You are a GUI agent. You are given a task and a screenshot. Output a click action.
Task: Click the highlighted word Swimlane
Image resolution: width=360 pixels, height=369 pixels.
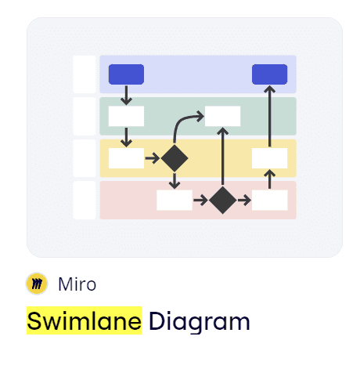point(84,321)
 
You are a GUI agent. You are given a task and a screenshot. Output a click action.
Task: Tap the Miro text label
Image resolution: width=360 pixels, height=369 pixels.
point(77,284)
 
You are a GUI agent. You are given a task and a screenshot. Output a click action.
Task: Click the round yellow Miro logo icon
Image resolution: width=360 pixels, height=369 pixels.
point(37,284)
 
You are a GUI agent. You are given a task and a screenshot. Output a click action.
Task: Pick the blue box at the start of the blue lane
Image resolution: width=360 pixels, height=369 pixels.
point(126,74)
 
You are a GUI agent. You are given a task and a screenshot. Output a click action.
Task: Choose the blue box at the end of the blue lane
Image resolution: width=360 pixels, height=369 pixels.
point(269,74)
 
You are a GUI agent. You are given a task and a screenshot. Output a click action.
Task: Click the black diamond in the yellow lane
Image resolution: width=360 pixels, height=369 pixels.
point(175,158)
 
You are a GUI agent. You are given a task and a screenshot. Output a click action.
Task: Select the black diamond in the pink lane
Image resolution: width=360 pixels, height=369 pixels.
point(222,201)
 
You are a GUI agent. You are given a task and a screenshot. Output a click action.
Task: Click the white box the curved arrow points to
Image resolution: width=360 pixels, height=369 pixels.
point(222,116)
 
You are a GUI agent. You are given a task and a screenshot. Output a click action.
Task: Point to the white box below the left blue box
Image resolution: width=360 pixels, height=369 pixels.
point(126,116)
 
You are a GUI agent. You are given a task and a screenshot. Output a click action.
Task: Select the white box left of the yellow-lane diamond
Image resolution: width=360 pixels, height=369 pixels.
point(126,158)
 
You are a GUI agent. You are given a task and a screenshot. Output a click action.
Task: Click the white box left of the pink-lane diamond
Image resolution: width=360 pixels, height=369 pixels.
point(175,201)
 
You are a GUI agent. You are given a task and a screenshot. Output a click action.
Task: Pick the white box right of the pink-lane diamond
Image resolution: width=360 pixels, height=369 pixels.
point(269,201)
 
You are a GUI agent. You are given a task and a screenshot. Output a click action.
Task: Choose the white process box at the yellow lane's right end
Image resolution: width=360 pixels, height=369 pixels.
point(269,158)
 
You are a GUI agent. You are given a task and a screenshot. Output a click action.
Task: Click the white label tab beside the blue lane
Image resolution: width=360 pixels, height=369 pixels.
point(85,74)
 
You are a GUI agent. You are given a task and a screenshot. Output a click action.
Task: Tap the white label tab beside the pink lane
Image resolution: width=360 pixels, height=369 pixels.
point(85,201)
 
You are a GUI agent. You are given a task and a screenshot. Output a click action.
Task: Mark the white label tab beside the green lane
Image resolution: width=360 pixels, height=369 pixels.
point(85,116)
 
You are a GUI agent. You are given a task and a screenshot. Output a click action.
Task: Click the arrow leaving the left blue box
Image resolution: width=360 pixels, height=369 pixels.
point(126,96)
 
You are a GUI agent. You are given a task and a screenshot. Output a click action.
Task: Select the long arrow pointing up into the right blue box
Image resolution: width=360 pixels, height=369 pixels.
point(269,116)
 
